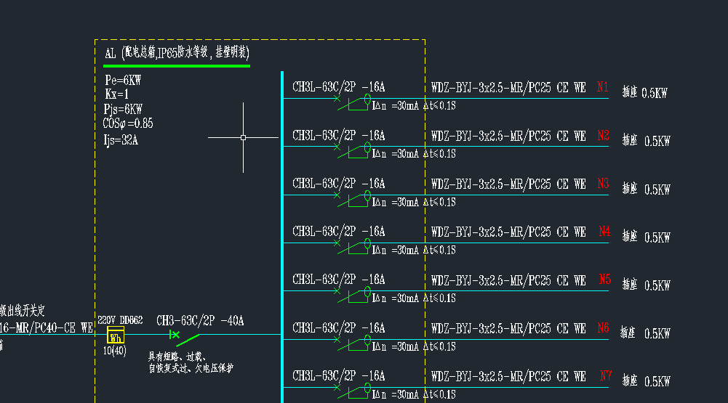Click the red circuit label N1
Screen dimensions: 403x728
[602, 87]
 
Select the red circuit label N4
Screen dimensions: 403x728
[604, 232]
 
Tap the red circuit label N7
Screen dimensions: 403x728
[606, 375]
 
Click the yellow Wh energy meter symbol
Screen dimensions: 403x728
[116, 335]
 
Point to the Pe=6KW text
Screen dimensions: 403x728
[123, 81]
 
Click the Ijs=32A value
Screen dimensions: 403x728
[121, 140]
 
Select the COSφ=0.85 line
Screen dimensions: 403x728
[128, 123]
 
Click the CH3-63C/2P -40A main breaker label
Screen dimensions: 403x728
[200, 321]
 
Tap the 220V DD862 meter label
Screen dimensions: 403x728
[120, 320]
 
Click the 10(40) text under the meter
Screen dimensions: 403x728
[115, 351]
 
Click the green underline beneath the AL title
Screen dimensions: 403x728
[177, 66]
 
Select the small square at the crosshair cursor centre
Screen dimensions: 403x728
[243, 137]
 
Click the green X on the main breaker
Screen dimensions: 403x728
[175, 335]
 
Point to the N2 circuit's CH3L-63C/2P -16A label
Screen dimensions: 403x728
[338, 136]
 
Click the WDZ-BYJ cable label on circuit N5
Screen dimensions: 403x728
[508, 280]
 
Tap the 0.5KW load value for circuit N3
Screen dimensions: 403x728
[657, 190]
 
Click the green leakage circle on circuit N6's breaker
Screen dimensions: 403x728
[367, 338]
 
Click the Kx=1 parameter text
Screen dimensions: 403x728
[116, 94]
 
